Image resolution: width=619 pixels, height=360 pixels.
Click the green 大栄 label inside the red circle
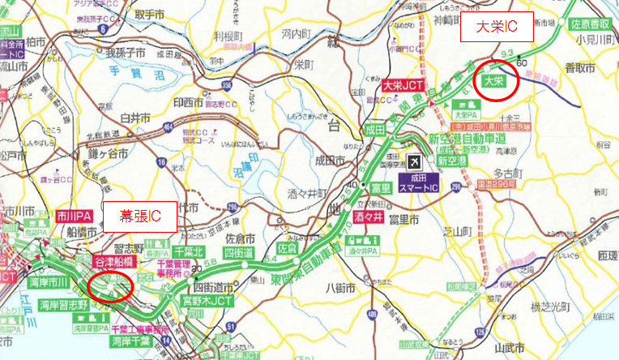click(493, 81)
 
